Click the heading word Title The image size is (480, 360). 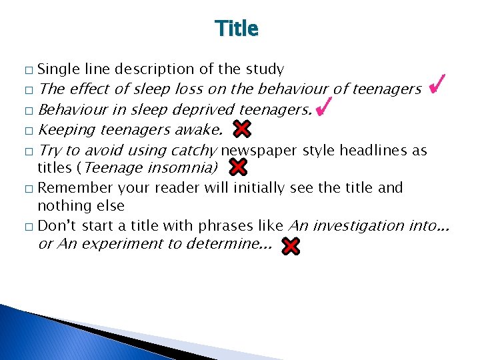click(x=237, y=29)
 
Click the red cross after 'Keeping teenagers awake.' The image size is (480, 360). click(x=242, y=129)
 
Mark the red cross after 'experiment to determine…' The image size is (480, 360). click(x=291, y=247)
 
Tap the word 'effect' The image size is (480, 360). click(x=89, y=89)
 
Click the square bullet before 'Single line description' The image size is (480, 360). click(x=27, y=70)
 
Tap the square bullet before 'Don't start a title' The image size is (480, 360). click(x=27, y=227)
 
